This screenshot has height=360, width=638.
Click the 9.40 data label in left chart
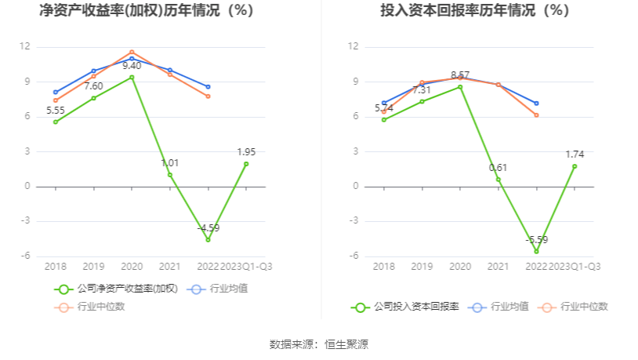132,66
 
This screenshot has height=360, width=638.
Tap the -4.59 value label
208,228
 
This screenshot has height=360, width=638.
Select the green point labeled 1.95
246,164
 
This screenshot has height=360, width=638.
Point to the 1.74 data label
575,155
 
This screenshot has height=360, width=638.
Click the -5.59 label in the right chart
537,240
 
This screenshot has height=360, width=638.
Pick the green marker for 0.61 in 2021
498,180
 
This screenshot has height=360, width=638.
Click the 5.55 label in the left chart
56,111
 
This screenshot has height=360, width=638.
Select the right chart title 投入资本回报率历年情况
475,11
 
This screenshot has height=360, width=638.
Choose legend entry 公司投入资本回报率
416,307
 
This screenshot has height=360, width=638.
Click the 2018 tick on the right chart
384,267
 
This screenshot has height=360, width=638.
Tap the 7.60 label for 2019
94,86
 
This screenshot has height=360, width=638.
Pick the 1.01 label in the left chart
170,162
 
